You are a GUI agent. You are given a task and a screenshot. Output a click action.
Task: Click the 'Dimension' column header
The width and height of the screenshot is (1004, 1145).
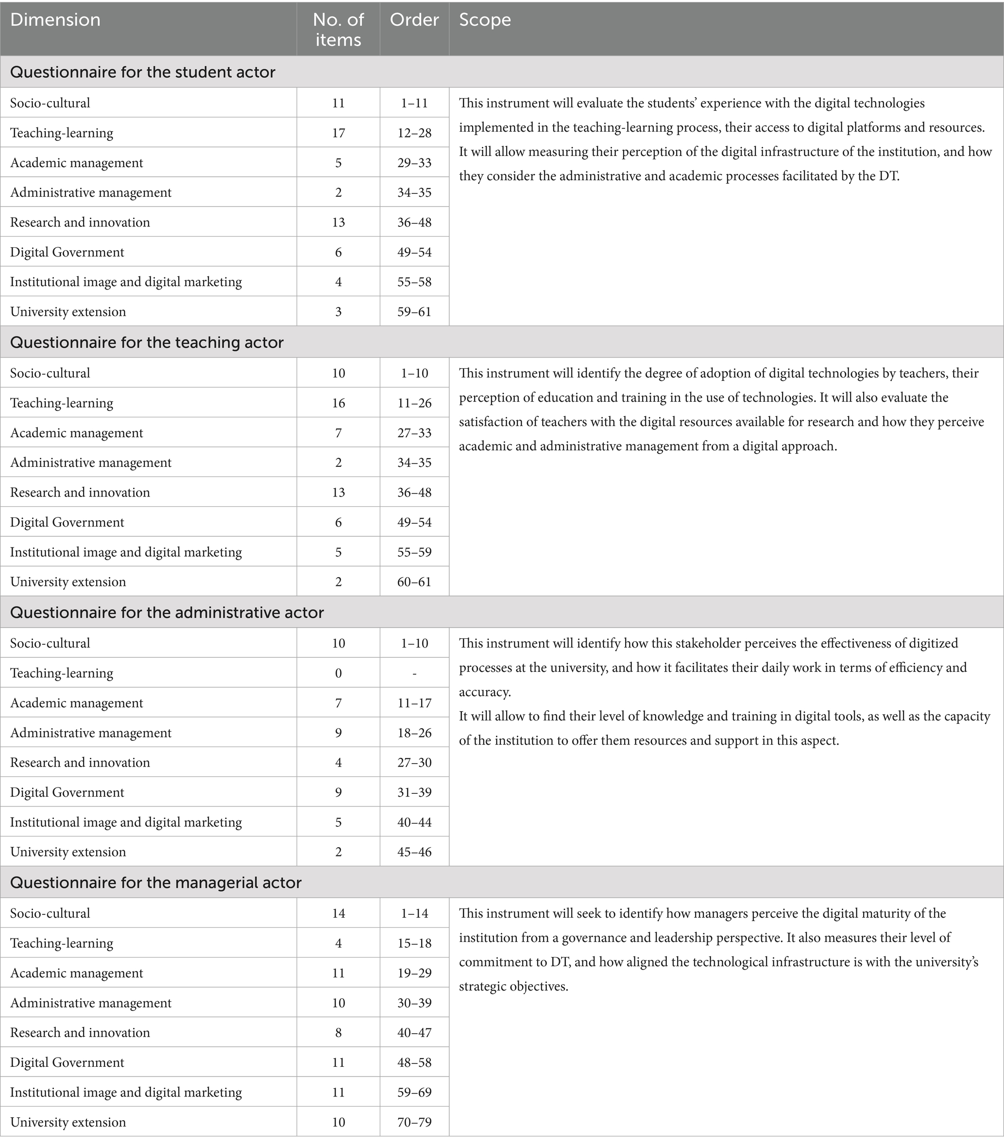[55, 20]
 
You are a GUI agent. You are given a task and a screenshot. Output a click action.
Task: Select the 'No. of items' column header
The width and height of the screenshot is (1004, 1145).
[338, 30]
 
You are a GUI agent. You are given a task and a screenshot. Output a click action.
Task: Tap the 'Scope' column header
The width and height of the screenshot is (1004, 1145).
[485, 20]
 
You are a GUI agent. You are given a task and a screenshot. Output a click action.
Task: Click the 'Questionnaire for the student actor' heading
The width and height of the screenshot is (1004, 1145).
[143, 72]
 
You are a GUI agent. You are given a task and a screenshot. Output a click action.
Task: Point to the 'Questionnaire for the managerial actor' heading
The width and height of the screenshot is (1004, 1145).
[155, 883]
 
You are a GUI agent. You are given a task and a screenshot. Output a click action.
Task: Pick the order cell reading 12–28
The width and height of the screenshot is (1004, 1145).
[414, 133]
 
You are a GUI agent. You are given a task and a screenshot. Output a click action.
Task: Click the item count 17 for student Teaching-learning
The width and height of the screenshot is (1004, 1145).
[338, 133]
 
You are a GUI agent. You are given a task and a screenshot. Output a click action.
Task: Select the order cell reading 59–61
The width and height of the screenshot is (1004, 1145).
[414, 311]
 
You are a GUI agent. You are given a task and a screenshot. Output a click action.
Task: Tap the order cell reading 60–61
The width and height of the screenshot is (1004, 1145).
[414, 581]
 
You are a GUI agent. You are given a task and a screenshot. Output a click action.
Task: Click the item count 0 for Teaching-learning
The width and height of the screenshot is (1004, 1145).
[338, 673]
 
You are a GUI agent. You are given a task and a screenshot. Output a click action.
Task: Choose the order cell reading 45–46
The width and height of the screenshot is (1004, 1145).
[414, 852]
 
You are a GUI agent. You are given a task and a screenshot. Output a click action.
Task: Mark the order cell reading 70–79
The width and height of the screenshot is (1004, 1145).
[414, 1122]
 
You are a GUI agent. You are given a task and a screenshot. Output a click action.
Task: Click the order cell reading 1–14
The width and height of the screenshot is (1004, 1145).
[414, 913]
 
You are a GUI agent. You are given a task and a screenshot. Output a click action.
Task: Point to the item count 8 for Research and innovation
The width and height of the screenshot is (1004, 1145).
[338, 1032]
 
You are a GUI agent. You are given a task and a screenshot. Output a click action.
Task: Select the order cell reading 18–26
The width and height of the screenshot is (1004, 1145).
[414, 733]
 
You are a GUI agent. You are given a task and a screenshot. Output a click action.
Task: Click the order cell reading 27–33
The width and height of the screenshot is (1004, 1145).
[414, 433]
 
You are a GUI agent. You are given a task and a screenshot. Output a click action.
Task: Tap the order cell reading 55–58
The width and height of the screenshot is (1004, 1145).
[414, 282]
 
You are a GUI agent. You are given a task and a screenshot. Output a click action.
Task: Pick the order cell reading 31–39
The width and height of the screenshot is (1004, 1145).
[414, 792]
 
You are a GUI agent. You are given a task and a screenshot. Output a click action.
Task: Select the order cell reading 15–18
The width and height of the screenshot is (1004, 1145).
[414, 943]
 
